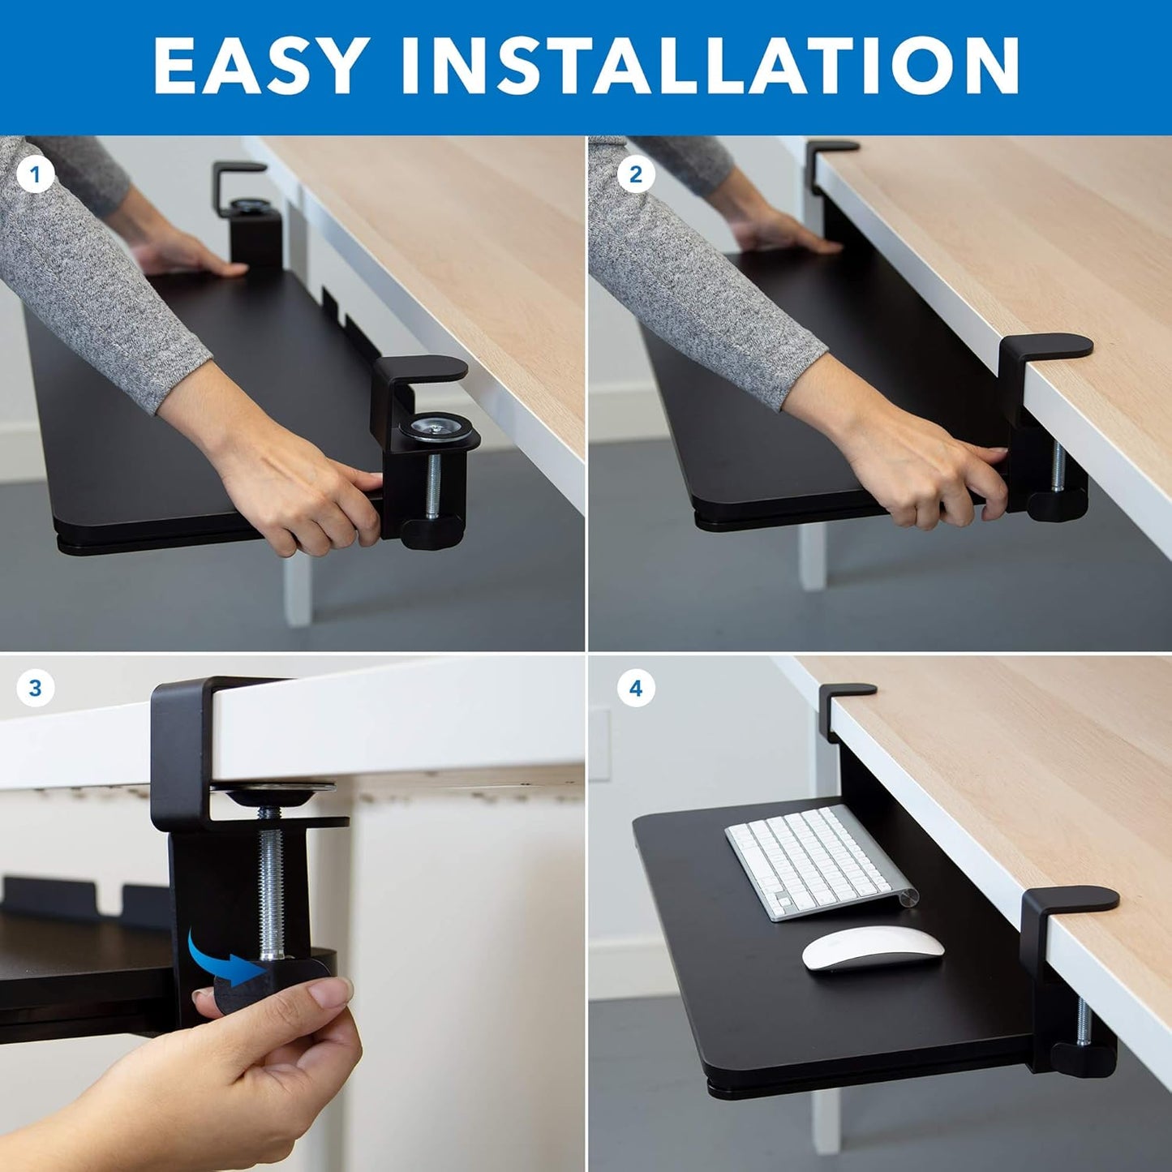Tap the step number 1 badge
(35, 174)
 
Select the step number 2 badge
(635, 174)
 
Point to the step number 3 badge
(35, 689)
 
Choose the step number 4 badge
(635, 689)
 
